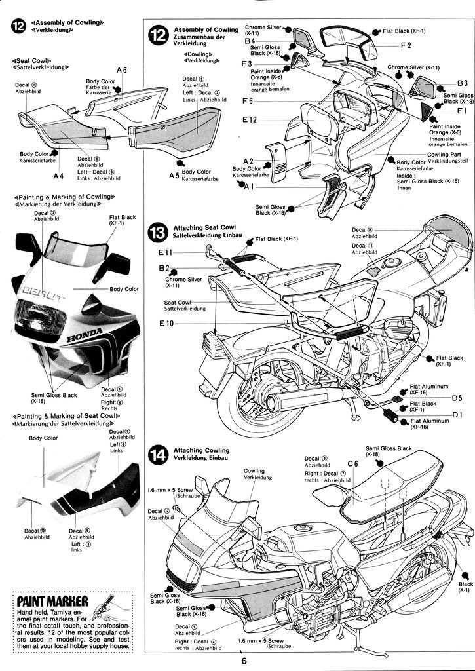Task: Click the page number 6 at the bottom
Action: tap(243, 661)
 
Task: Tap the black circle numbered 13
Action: tap(159, 233)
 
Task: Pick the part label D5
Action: tap(457, 398)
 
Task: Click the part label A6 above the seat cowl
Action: tap(121, 70)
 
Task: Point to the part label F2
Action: tap(406, 45)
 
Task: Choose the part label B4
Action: tap(250, 41)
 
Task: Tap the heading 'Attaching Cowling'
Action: tap(201, 450)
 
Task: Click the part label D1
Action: tap(457, 414)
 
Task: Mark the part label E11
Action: tap(165, 252)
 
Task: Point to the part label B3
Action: tap(462, 83)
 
